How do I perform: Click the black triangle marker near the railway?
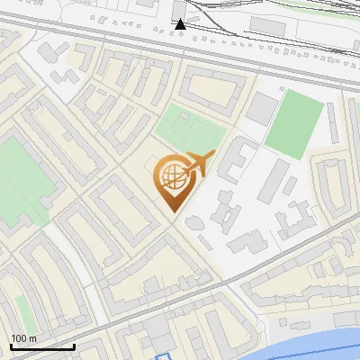click(181, 23)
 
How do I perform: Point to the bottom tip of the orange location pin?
click(172, 212)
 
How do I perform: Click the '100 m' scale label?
click(24, 338)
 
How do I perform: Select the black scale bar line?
click(42, 346)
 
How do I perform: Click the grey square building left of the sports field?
click(263, 108)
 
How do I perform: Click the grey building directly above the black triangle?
click(181, 7)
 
